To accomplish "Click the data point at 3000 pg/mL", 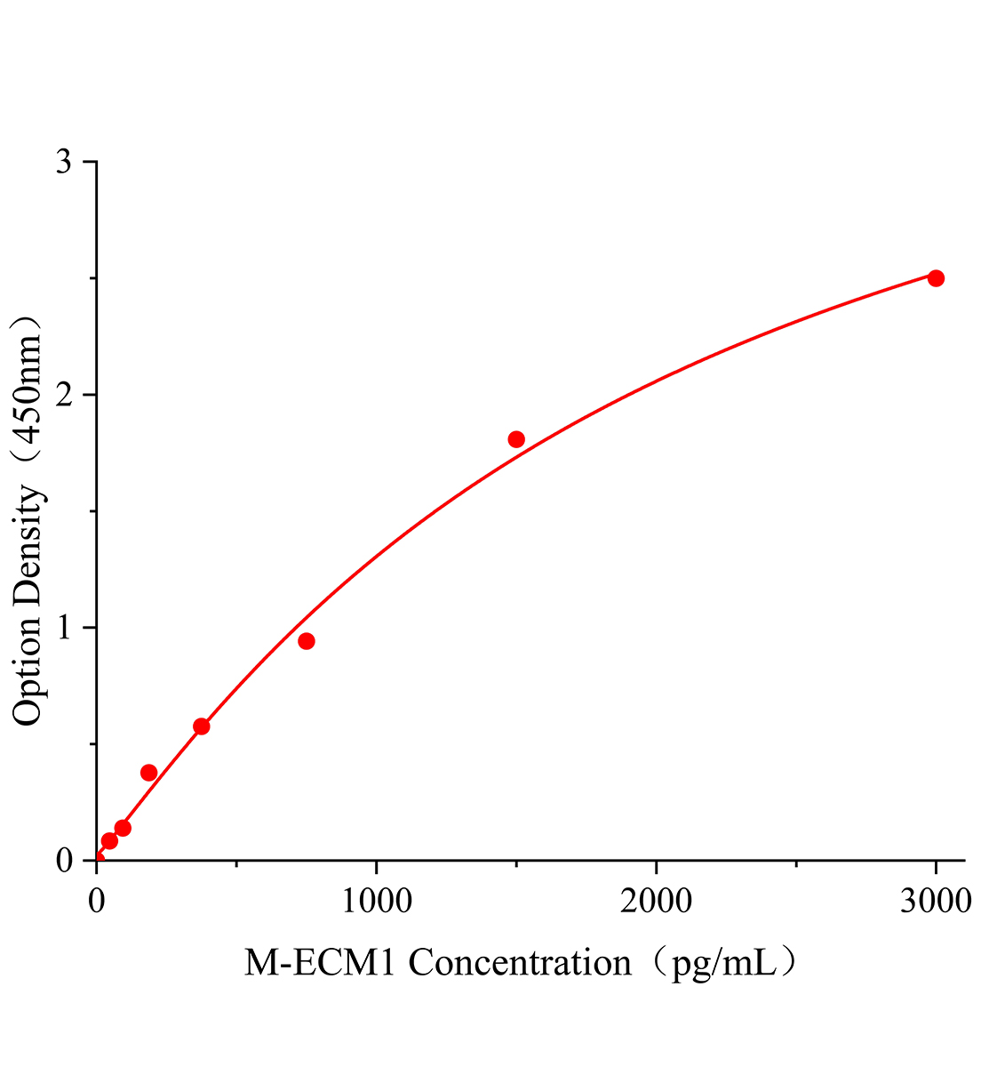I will pos(935,278).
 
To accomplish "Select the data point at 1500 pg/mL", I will pos(516,439).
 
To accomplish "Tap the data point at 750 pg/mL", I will pos(307,641).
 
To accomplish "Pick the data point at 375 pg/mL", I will pos(202,726).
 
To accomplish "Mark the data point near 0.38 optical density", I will pos(149,773).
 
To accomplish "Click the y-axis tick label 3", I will pos(64,163).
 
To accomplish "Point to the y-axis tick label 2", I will pos(64,396).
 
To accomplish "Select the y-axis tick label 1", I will pos(64,628).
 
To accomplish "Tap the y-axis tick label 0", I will pos(64,860).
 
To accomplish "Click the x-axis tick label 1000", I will pos(376,901).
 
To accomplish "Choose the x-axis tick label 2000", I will pos(656,901).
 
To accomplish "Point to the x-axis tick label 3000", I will pos(935,901).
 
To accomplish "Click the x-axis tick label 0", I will pos(97,901).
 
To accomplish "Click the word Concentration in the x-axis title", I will pos(520,962).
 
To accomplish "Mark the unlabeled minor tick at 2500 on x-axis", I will pos(796,864).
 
